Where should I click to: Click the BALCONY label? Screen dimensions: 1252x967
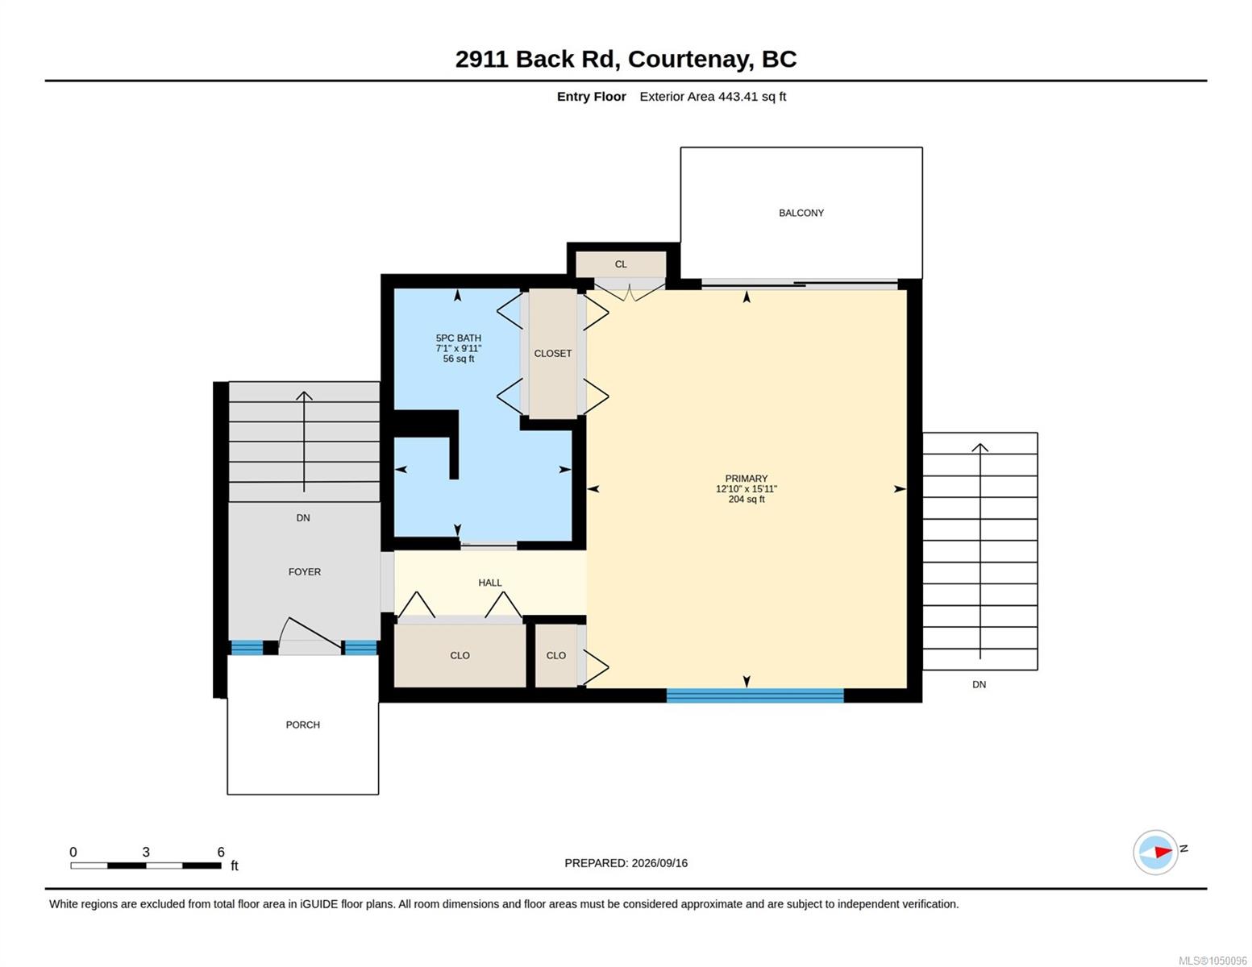click(801, 213)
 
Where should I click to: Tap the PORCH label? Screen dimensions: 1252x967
click(302, 724)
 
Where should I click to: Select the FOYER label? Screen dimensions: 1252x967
click(304, 571)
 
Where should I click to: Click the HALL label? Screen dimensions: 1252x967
click(489, 583)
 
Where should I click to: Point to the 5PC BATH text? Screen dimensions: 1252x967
click(458, 338)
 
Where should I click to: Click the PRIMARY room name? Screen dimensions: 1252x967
click(747, 479)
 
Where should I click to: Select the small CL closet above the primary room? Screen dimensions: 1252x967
click(621, 264)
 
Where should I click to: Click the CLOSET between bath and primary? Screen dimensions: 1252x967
click(552, 353)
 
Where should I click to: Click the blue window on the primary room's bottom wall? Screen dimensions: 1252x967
click(755, 695)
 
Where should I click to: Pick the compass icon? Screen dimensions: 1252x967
click(1155, 852)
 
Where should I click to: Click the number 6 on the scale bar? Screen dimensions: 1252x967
click(221, 852)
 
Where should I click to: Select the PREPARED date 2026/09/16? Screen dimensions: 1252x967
click(659, 863)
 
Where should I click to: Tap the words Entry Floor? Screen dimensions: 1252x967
click(591, 96)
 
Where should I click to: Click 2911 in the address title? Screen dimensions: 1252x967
click(481, 59)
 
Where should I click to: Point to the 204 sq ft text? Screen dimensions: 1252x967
click(747, 500)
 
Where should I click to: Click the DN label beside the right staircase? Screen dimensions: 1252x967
click(979, 684)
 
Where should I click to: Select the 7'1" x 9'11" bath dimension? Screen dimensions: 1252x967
click(458, 348)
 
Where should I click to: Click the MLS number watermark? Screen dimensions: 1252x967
click(1212, 961)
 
